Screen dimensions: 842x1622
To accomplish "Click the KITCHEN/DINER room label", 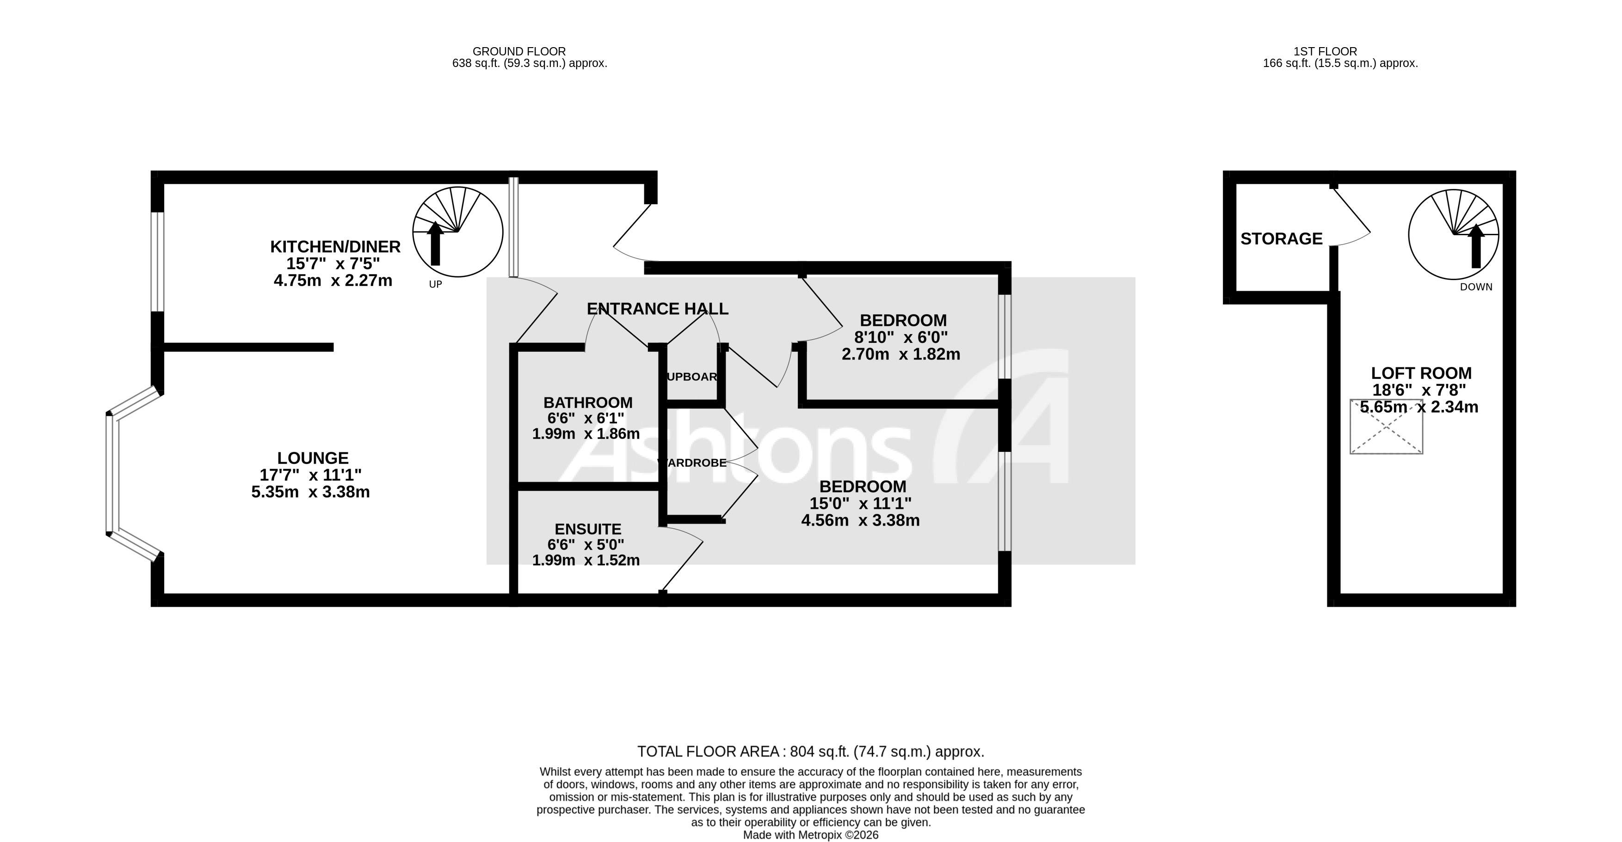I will [x=335, y=247].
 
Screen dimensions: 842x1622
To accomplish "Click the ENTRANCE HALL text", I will [x=657, y=309].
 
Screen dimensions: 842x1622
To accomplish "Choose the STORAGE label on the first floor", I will [x=1281, y=239].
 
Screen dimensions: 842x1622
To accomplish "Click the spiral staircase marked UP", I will [x=458, y=232].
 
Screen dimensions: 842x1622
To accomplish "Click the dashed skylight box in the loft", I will [x=1386, y=427].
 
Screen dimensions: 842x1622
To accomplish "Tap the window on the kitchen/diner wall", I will [x=157, y=261].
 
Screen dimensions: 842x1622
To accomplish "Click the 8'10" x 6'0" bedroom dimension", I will [x=900, y=337].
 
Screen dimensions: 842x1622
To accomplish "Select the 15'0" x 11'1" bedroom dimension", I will [x=860, y=503].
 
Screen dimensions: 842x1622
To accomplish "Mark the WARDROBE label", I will [x=691, y=463].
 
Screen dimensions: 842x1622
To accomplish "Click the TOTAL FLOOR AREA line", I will [x=810, y=751].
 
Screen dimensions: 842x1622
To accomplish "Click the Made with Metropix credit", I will [x=810, y=835].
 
